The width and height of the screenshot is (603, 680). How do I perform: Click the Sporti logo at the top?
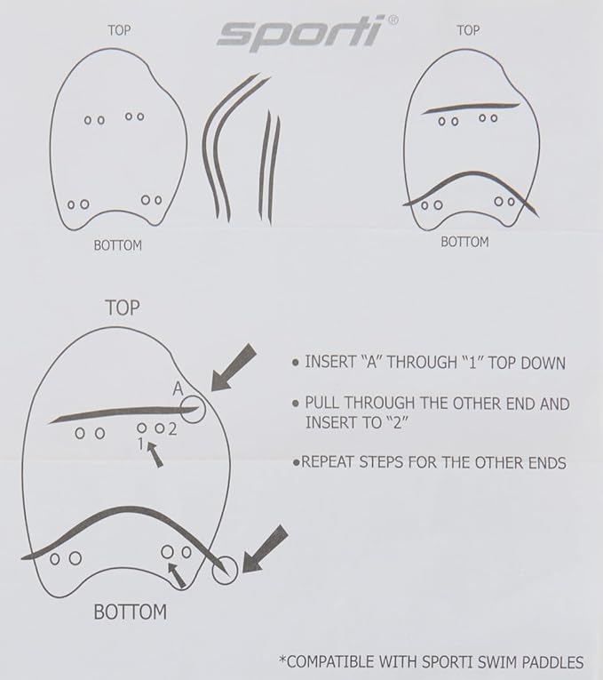(x=301, y=33)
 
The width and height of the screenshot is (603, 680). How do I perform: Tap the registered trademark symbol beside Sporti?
(x=392, y=20)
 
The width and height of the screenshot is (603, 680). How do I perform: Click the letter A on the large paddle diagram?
(x=178, y=388)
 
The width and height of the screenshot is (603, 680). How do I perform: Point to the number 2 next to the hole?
(x=172, y=429)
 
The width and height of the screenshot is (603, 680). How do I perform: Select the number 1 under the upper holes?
(x=140, y=444)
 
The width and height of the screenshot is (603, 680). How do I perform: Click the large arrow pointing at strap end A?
(x=234, y=367)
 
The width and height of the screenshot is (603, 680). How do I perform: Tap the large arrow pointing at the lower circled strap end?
(x=265, y=549)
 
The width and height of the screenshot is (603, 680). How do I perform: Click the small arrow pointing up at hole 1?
(x=155, y=453)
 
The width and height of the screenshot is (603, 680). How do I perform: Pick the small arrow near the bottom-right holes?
(x=178, y=575)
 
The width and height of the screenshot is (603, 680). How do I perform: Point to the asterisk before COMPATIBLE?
(x=283, y=660)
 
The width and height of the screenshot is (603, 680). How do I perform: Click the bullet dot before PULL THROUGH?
(x=296, y=404)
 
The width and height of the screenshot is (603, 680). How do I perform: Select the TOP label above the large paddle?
(x=123, y=308)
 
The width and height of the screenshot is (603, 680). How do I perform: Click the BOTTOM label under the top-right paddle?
(x=464, y=242)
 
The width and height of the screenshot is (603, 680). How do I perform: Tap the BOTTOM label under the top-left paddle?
(x=118, y=245)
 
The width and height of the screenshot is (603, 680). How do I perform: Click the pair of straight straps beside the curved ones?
(x=270, y=167)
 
